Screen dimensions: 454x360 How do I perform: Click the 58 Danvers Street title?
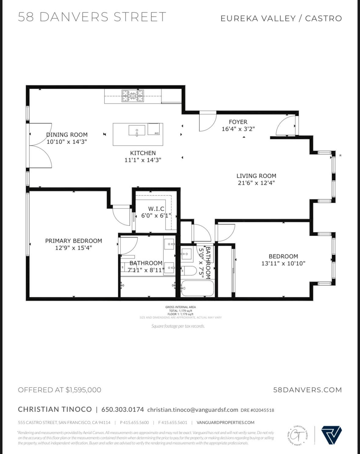click(92, 17)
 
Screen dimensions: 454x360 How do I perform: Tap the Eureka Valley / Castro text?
click(281, 18)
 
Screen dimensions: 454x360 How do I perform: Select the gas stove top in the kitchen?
click(133, 96)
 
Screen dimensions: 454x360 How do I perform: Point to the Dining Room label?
click(67, 135)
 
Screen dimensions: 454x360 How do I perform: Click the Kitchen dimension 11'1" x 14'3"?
click(143, 160)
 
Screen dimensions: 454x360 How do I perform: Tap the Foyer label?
click(238, 122)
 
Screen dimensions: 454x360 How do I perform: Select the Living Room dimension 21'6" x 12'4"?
click(256, 183)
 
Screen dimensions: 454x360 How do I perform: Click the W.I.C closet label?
click(156, 209)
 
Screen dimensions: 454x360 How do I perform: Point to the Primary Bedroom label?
click(74, 241)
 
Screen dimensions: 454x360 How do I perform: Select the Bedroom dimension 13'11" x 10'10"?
click(283, 263)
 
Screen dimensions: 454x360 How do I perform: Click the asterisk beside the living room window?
click(340, 156)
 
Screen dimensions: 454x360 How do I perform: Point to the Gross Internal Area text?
click(180, 307)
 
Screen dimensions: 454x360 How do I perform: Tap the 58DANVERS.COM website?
click(307, 390)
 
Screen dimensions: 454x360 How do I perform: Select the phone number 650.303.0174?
click(122, 409)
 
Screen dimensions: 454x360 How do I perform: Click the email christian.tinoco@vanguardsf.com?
click(192, 410)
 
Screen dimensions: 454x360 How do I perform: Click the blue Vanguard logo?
click(331, 435)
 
